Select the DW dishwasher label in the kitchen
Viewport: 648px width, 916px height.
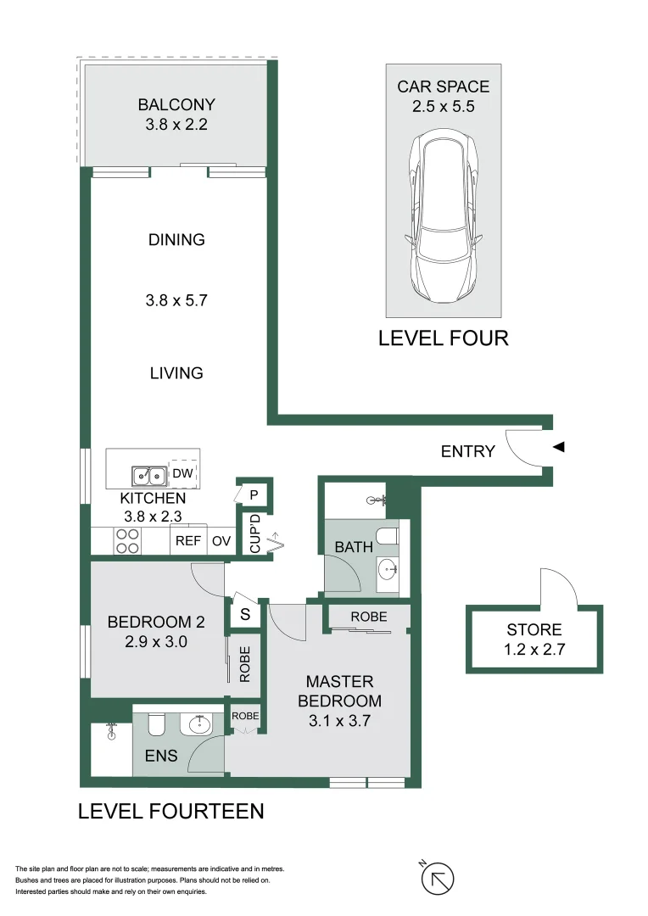point(182,473)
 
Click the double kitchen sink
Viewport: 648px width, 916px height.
point(149,476)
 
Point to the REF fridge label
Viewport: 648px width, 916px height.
point(187,540)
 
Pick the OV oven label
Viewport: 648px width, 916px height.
point(221,540)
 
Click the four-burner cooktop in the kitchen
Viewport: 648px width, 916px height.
point(127,541)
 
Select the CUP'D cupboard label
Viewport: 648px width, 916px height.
point(254,533)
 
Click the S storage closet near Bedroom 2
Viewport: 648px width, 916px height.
point(245,615)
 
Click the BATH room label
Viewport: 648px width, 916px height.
point(354,547)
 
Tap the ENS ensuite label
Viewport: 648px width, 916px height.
point(161,754)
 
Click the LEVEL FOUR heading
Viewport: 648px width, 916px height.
point(443,338)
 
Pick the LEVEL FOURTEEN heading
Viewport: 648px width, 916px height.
point(170,812)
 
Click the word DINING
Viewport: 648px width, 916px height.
point(176,240)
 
